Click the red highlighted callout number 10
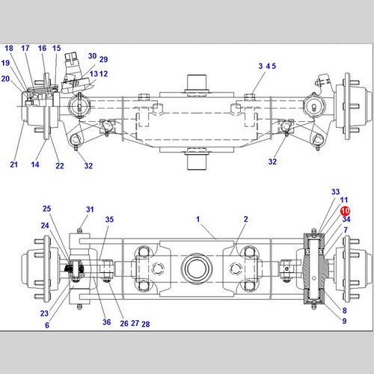[x=346, y=211]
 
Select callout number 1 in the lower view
[x=198, y=219]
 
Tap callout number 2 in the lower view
[x=246, y=219]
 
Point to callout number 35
[x=109, y=219]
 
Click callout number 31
[x=90, y=209]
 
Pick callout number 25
[x=46, y=209]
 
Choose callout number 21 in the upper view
[x=14, y=165]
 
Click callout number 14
[x=35, y=165]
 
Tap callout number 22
[x=60, y=166]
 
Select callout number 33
[x=336, y=191]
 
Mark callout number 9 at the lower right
[x=344, y=321]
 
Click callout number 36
[x=107, y=322]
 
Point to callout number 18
[x=9, y=48]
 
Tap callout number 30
[x=93, y=56]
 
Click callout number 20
[x=5, y=79]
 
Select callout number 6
[x=47, y=325]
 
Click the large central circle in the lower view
[x=197, y=269]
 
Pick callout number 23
[x=44, y=313]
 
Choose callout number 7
[x=346, y=230]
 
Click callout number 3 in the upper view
[x=260, y=66]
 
